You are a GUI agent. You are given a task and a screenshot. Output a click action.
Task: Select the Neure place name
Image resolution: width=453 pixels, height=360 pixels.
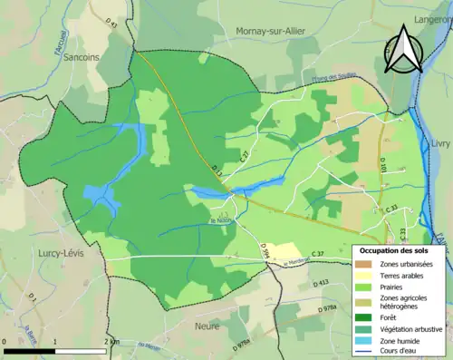point(208,324)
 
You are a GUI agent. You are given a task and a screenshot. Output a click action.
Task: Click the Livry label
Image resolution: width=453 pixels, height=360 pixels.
point(440,144)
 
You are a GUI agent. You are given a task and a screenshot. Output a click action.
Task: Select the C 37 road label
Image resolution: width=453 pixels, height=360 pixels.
point(316,253)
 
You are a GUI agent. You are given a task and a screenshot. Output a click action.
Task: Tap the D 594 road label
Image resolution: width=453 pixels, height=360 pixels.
point(265,253)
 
